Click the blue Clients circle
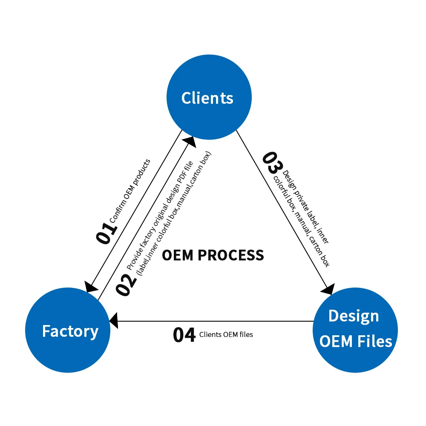pyautogui.click(x=209, y=97)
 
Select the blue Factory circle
pyautogui.click(x=68, y=331)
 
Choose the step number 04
pyautogui.click(x=184, y=335)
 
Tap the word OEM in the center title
pyautogui.click(x=178, y=255)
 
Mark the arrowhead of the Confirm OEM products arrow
pyautogui.click(x=91, y=287)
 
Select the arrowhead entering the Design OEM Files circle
pyautogui.click(x=328, y=289)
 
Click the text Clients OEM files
pyautogui.click(x=226, y=335)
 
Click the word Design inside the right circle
pyautogui.click(x=354, y=316)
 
